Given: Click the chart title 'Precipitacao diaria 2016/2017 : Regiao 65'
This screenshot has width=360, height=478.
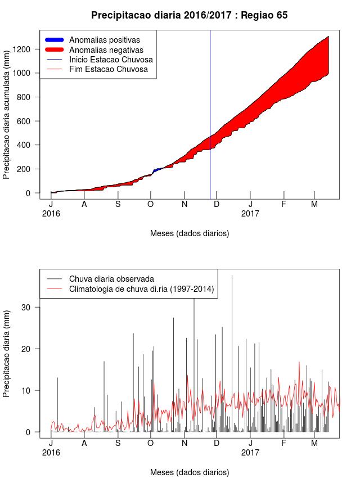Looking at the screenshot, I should click(189, 15).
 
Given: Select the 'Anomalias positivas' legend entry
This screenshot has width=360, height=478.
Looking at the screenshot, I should click(105, 40).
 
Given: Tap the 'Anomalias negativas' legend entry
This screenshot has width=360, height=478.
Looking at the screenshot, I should click(106, 50).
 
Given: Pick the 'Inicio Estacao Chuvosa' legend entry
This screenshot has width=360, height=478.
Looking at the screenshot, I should click(111, 60).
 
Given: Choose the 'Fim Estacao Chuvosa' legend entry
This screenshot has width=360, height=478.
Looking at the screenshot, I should click(109, 69).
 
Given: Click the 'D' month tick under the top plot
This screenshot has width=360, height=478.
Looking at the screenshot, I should click(217, 205).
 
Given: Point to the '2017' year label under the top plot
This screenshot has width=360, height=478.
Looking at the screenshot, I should click(250, 214).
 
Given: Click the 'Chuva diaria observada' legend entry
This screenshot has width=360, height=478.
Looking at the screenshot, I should click(111, 278).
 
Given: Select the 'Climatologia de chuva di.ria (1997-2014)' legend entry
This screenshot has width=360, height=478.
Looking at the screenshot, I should click(142, 288).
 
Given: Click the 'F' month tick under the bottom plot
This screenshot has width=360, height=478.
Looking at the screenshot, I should click(283, 443).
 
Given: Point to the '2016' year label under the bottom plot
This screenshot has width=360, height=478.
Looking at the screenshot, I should click(51, 452).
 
